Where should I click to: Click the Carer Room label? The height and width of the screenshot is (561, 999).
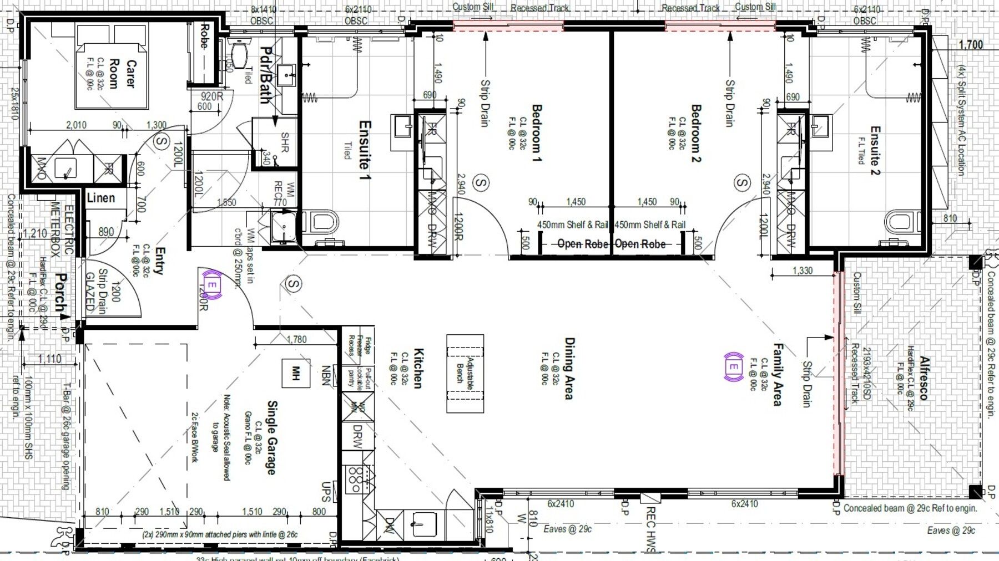(123, 74)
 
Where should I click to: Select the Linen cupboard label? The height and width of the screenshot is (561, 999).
(101, 198)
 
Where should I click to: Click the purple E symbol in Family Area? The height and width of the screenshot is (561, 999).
(734, 368)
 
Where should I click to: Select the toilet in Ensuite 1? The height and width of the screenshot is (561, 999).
(325, 223)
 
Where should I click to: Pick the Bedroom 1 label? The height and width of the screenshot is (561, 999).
(537, 133)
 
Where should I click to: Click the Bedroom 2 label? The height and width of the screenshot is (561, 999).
(696, 133)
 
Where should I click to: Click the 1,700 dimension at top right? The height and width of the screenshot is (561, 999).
(971, 45)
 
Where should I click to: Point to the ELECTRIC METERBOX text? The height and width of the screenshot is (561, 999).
(62, 229)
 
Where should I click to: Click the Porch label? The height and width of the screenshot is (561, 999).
(62, 294)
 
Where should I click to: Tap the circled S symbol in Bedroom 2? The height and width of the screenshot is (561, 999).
(743, 182)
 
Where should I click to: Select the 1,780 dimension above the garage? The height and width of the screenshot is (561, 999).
(297, 339)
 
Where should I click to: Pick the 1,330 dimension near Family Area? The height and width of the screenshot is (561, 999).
(802, 271)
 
